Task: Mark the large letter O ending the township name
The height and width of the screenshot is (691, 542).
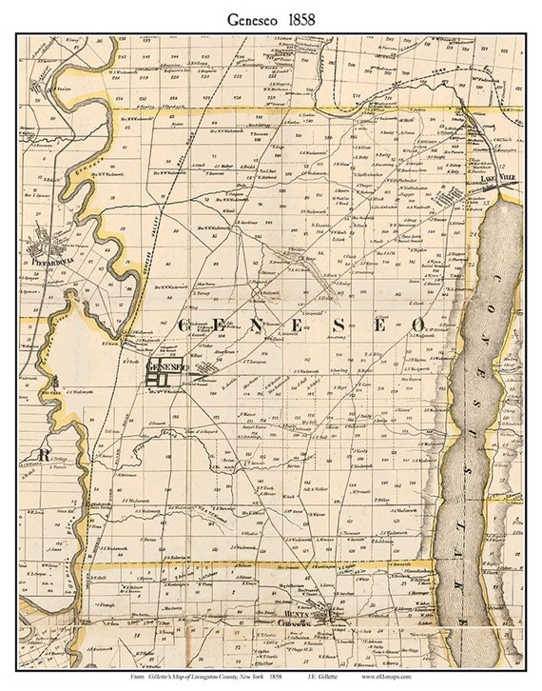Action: (x=417, y=326)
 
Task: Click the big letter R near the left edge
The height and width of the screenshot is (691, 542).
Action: (x=43, y=455)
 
